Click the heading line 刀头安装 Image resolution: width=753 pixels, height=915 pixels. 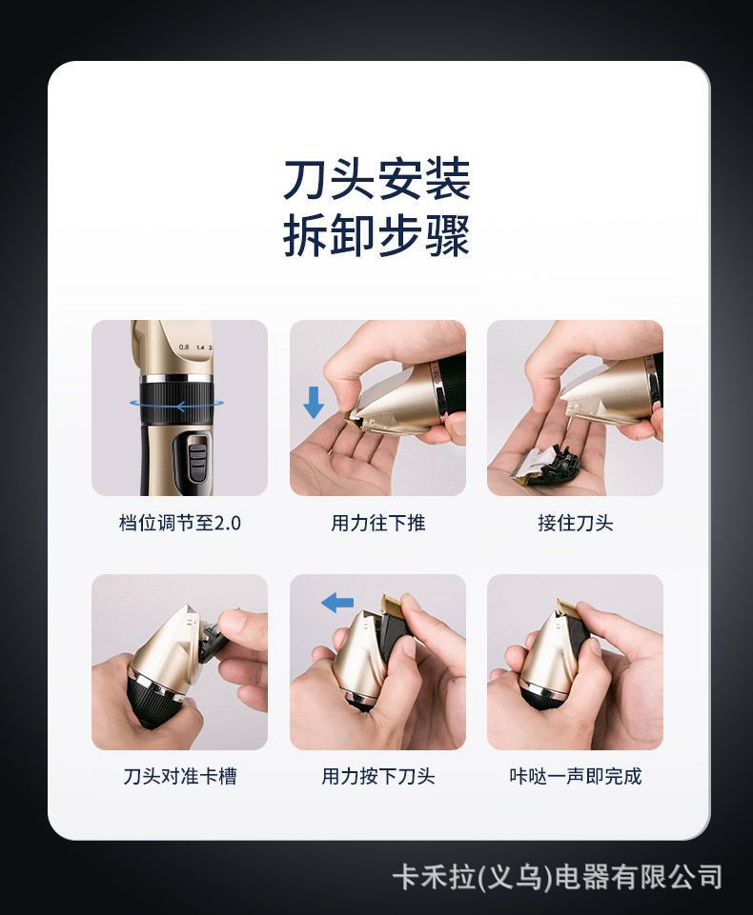376,179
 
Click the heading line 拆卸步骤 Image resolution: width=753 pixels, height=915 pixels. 376,235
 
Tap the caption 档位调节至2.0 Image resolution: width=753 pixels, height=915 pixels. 180,523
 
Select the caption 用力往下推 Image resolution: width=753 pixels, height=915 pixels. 378,523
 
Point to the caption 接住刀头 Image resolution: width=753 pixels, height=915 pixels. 576,523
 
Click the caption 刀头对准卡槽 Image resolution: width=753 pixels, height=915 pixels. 180,776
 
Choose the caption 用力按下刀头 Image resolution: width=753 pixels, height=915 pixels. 378,776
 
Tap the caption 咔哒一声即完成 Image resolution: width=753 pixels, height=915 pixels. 576,776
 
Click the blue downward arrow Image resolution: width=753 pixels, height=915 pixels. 314,404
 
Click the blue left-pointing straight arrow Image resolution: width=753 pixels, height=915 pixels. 337,602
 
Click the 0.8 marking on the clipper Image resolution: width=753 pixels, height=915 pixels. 184,347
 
